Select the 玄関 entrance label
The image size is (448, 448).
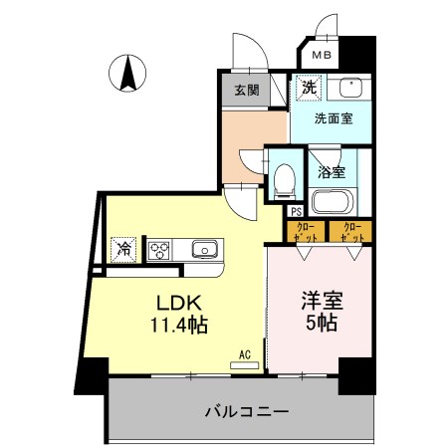246,91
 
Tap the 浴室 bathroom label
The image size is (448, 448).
332,171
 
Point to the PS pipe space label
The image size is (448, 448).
296,210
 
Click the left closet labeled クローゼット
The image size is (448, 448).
305,233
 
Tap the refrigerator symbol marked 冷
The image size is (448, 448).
124,249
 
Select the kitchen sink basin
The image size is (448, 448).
203,249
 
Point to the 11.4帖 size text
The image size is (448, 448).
179,324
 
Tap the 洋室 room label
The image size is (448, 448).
320,301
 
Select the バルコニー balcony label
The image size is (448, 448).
247,410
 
